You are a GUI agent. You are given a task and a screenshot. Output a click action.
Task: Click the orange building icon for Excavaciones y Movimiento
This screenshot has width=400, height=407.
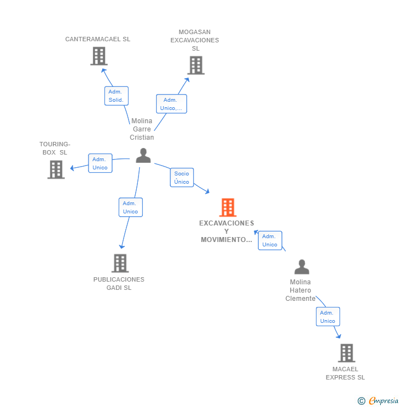click(227, 207)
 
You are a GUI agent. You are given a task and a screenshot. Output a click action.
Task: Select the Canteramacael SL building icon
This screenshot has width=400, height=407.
click(99, 56)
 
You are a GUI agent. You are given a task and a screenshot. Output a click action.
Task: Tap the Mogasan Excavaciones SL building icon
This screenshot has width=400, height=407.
click(196, 65)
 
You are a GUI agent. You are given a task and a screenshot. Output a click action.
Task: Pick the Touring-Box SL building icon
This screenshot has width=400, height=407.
click(56, 169)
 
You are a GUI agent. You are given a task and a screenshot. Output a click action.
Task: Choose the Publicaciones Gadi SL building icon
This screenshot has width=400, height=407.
click(120, 263)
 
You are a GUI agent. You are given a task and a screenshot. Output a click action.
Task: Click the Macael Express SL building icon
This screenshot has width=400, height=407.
click(346, 353)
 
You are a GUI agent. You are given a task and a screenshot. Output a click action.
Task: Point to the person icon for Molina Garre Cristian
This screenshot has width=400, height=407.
click(143, 156)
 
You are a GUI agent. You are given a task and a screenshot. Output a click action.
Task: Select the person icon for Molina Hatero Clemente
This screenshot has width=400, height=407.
click(302, 267)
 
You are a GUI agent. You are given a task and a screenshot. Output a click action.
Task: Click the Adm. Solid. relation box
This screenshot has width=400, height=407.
click(116, 96)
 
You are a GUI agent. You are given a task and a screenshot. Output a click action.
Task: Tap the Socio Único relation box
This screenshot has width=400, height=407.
click(181, 178)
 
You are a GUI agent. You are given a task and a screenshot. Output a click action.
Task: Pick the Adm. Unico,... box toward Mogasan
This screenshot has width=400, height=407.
click(171, 104)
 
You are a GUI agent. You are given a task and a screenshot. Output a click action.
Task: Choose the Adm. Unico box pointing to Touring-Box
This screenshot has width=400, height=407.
click(100, 163)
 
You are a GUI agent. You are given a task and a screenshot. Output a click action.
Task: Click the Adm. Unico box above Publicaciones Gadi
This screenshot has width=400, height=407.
click(130, 207)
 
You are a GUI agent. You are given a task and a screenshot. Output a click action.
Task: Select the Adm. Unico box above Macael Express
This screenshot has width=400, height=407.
click(327, 317)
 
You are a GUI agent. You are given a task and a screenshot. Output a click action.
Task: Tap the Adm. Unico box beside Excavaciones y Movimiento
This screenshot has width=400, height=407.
click(270, 240)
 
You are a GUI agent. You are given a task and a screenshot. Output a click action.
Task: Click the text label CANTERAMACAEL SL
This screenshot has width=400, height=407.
click(98, 39)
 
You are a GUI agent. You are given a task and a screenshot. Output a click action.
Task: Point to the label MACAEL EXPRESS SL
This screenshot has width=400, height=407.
click(345, 373)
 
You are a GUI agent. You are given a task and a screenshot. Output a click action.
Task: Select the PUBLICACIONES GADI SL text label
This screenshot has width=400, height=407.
click(119, 283)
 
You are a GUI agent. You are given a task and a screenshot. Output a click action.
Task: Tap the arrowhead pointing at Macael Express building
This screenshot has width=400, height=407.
click(338, 336)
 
